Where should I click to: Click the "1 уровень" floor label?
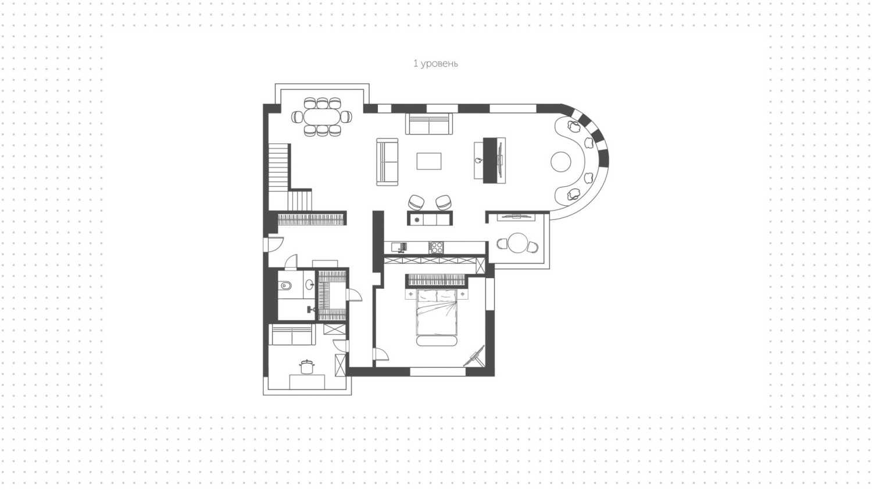(435, 63)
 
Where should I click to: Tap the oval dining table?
(322, 116)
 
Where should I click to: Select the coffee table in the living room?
(428, 161)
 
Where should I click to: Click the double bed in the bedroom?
(437, 312)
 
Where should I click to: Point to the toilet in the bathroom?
(286, 285)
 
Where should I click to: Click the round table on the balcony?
(518, 243)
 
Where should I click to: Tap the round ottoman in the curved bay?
(561, 162)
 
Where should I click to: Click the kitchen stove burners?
(436, 247)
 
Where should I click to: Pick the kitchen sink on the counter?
(399, 247)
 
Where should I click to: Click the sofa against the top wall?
(429, 123)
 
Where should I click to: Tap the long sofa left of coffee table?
(387, 162)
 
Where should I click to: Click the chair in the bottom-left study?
(307, 367)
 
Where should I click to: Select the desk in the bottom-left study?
(307, 382)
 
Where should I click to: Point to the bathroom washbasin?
(310, 284)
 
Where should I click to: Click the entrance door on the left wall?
(273, 244)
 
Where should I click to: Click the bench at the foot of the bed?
(437, 341)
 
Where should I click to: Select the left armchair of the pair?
(416, 203)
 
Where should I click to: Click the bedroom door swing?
(380, 354)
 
